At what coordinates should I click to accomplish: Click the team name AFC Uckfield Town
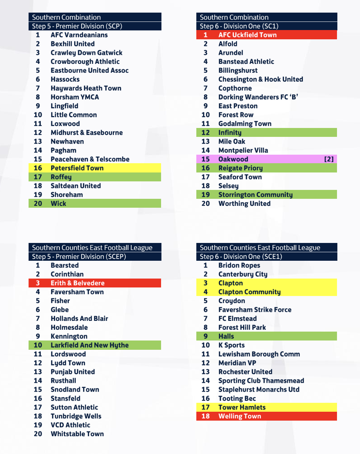[247, 35]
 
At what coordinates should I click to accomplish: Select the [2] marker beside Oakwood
[329, 159]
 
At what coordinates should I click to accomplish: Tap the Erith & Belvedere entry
[78, 283]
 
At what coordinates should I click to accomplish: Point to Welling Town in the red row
[239, 416]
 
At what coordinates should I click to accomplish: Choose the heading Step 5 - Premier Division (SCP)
[77, 26]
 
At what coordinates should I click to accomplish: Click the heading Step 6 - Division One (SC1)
[239, 26]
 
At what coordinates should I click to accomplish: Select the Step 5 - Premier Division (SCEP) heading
[79, 257]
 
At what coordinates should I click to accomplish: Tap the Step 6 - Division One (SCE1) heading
[241, 257]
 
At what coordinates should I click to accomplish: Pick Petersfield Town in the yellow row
[77, 168]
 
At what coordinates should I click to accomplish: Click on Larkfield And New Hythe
[89, 345]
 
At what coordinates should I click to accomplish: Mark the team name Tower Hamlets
[242, 407]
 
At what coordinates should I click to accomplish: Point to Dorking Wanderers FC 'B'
[258, 97]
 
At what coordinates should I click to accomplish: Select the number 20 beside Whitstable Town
[38, 434]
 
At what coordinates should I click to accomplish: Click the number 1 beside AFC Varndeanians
[38, 35]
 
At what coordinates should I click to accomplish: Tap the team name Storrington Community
[255, 195]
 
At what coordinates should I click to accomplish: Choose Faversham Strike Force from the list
[255, 310]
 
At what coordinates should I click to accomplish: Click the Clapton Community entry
[249, 292]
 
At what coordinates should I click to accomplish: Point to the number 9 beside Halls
[206, 336]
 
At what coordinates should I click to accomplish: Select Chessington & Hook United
[261, 79]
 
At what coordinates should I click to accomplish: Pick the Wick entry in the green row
[58, 204]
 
